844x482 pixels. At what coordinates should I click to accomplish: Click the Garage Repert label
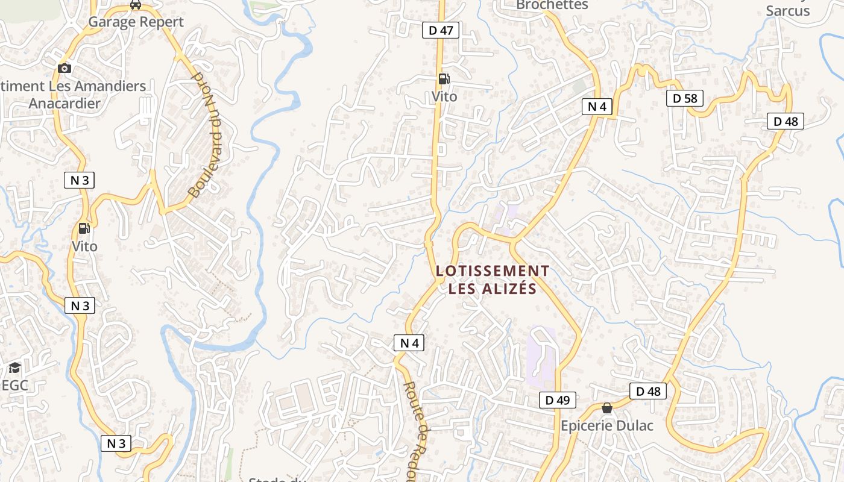(x=136, y=22)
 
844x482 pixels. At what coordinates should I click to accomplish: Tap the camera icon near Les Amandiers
(x=65, y=68)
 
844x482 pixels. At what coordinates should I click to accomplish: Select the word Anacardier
(x=65, y=103)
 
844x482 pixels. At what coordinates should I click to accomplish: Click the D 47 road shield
(x=441, y=30)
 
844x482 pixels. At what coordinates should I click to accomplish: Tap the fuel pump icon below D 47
(x=444, y=79)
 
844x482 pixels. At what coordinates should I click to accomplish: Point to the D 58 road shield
(x=685, y=98)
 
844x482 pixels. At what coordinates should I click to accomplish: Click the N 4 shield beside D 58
(x=597, y=107)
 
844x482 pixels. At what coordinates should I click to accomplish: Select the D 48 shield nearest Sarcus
(x=786, y=121)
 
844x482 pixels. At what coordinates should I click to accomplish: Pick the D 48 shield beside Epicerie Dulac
(x=649, y=391)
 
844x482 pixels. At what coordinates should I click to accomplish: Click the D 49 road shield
(x=558, y=399)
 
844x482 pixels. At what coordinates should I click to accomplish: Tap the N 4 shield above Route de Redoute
(x=409, y=343)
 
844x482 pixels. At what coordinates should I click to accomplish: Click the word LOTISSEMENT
(x=493, y=271)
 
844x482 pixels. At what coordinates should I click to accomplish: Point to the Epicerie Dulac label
(x=607, y=425)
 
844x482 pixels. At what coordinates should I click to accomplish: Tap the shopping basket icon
(x=607, y=408)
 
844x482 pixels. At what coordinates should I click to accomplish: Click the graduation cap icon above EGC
(x=14, y=368)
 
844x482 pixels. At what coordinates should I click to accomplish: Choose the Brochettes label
(x=552, y=5)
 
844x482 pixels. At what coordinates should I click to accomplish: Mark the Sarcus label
(x=787, y=10)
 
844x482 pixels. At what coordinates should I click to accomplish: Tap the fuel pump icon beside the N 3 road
(x=84, y=228)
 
